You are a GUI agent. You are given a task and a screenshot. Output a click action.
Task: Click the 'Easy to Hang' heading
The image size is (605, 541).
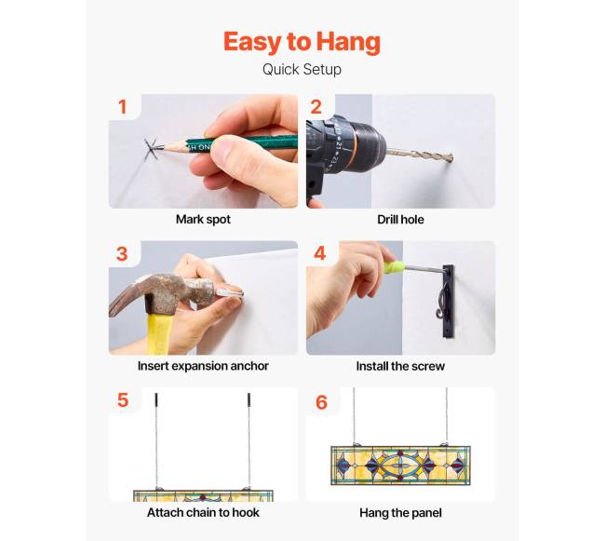coord(302,42)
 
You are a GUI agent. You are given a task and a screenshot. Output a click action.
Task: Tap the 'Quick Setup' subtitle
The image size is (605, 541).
coord(302,70)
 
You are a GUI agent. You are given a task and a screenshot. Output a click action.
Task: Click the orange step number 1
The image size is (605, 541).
coord(122,107)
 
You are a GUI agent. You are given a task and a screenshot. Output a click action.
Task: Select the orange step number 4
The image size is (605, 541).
coord(320,253)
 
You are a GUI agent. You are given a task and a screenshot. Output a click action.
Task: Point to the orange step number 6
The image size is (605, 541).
coord(321,402)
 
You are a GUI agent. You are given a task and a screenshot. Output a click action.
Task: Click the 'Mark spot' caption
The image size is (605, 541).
coord(203,219)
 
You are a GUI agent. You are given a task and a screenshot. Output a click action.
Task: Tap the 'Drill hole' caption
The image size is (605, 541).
coord(400,219)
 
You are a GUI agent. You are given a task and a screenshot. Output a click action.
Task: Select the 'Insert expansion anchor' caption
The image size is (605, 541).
coord(203,365)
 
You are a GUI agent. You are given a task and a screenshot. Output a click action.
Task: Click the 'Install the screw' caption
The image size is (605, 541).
coord(400,366)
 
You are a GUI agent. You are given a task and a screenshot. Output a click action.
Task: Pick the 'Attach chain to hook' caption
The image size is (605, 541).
coord(203,512)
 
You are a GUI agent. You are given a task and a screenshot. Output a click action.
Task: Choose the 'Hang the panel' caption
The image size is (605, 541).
coord(400,512)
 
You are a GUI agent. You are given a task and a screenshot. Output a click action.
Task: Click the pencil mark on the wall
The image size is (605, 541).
coord(151,149)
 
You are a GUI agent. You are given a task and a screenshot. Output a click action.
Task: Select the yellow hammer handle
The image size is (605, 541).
coord(159,333)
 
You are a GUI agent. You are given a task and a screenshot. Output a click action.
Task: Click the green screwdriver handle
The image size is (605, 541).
coord(394,266)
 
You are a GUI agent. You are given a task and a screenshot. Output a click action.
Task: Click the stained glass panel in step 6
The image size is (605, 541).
coord(400,465)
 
